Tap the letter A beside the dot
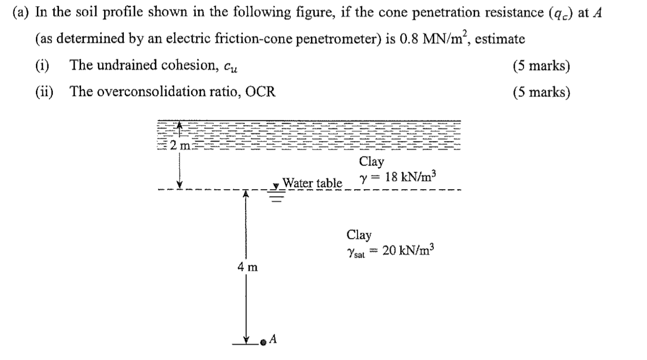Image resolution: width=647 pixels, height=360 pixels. pos(273,339)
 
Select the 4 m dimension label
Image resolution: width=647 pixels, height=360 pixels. pos(248,267)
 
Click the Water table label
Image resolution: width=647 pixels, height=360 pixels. pos(312,183)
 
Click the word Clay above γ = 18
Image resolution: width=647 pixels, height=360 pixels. pos(371,162)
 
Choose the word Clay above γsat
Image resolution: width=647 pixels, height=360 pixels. pos(359,235)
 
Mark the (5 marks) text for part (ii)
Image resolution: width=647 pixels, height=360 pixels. pos(541,92)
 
